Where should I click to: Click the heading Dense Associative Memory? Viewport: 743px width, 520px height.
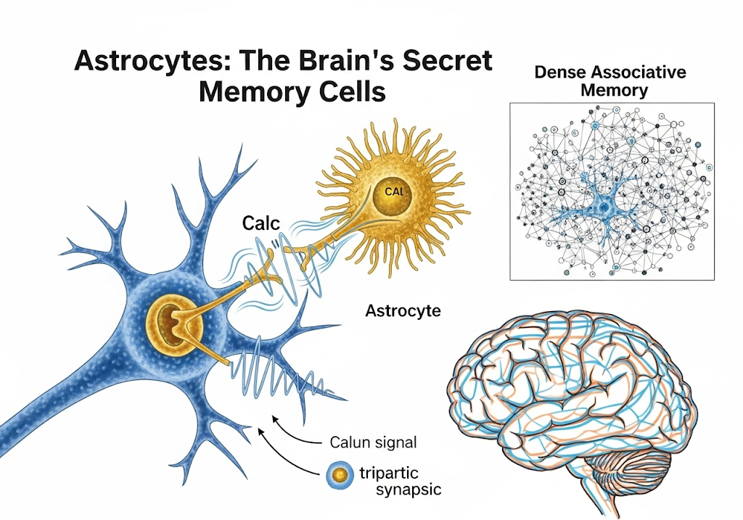(x=610, y=81)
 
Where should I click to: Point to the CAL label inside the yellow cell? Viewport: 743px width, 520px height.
(x=393, y=192)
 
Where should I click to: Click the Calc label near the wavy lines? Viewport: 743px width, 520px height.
(x=262, y=225)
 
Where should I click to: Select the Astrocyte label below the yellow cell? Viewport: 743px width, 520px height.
(x=403, y=311)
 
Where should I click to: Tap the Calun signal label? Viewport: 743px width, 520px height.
(x=373, y=441)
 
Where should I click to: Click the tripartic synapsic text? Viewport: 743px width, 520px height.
(x=400, y=482)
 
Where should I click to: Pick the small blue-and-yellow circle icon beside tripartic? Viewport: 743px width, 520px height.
(x=337, y=476)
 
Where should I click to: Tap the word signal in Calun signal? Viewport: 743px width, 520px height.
(x=395, y=441)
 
